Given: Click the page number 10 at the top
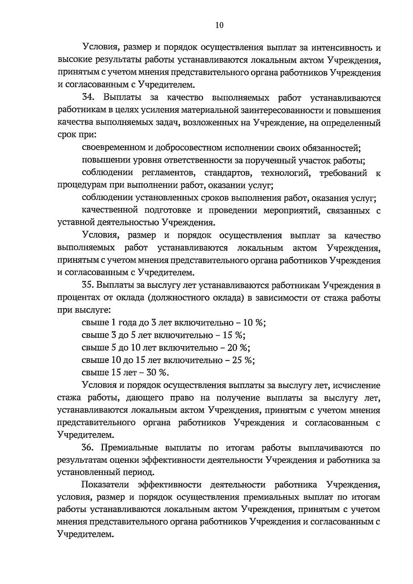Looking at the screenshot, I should (x=219, y=25).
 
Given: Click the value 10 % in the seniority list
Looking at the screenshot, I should (x=254, y=323).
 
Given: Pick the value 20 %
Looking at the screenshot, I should (x=239, y=347).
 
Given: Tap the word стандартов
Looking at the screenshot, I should (x=227, y=173).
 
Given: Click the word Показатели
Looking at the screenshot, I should (x=105, y=485).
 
